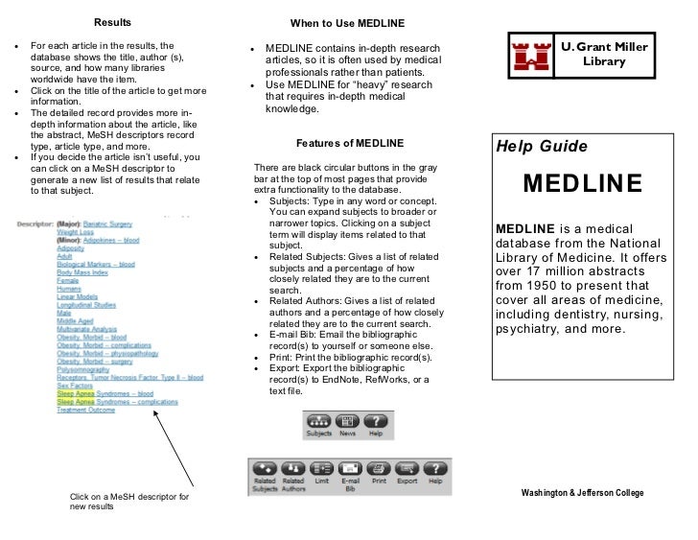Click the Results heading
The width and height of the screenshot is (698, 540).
[x=111, y=22]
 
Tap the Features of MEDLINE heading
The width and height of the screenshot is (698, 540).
[x=343, y=143]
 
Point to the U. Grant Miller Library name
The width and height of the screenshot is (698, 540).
[x=604, y=55]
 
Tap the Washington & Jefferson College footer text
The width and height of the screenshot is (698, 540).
[x=582, y=492]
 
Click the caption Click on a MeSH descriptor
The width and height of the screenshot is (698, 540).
[x=129, y=497]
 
